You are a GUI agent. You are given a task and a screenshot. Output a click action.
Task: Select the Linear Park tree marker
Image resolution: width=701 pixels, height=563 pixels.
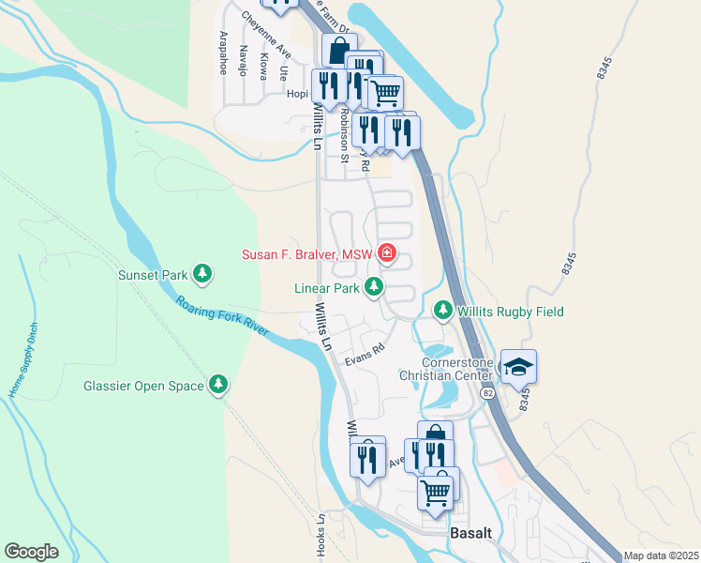click(374, 288)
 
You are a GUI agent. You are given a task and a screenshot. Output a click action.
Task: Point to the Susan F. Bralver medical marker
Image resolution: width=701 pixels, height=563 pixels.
click(386, 252)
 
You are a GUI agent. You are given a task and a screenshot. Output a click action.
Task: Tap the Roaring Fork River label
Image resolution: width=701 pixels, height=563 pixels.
click(223, 315)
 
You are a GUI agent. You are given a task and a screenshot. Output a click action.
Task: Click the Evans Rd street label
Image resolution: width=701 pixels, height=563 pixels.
click(365, 354)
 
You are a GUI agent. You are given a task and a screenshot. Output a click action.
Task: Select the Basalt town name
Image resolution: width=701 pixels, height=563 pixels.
click(470, 532)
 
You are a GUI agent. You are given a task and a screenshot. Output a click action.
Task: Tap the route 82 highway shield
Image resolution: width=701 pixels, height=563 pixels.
click(488, 393)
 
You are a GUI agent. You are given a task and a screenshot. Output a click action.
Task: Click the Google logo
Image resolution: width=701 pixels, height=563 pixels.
click(31, 552)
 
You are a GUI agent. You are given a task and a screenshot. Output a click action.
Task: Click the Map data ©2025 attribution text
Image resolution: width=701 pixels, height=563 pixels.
click(661, 555)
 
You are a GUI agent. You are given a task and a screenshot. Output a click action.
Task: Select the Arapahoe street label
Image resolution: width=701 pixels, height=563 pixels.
click(223, 53)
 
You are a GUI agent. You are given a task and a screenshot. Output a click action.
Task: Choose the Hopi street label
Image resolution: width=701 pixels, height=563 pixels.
click(296, 94)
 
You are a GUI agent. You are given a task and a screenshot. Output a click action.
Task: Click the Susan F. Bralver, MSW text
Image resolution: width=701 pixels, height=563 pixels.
click(306, 253)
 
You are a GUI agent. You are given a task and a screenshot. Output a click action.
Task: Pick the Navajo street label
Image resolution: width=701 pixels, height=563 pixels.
click(242, 60)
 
